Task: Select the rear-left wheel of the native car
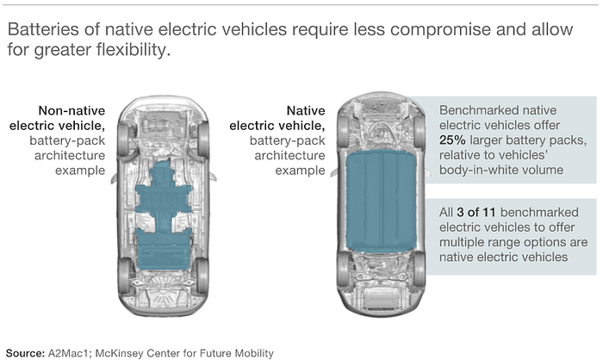tap(344, 274)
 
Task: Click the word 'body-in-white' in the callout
tap(478, 170)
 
